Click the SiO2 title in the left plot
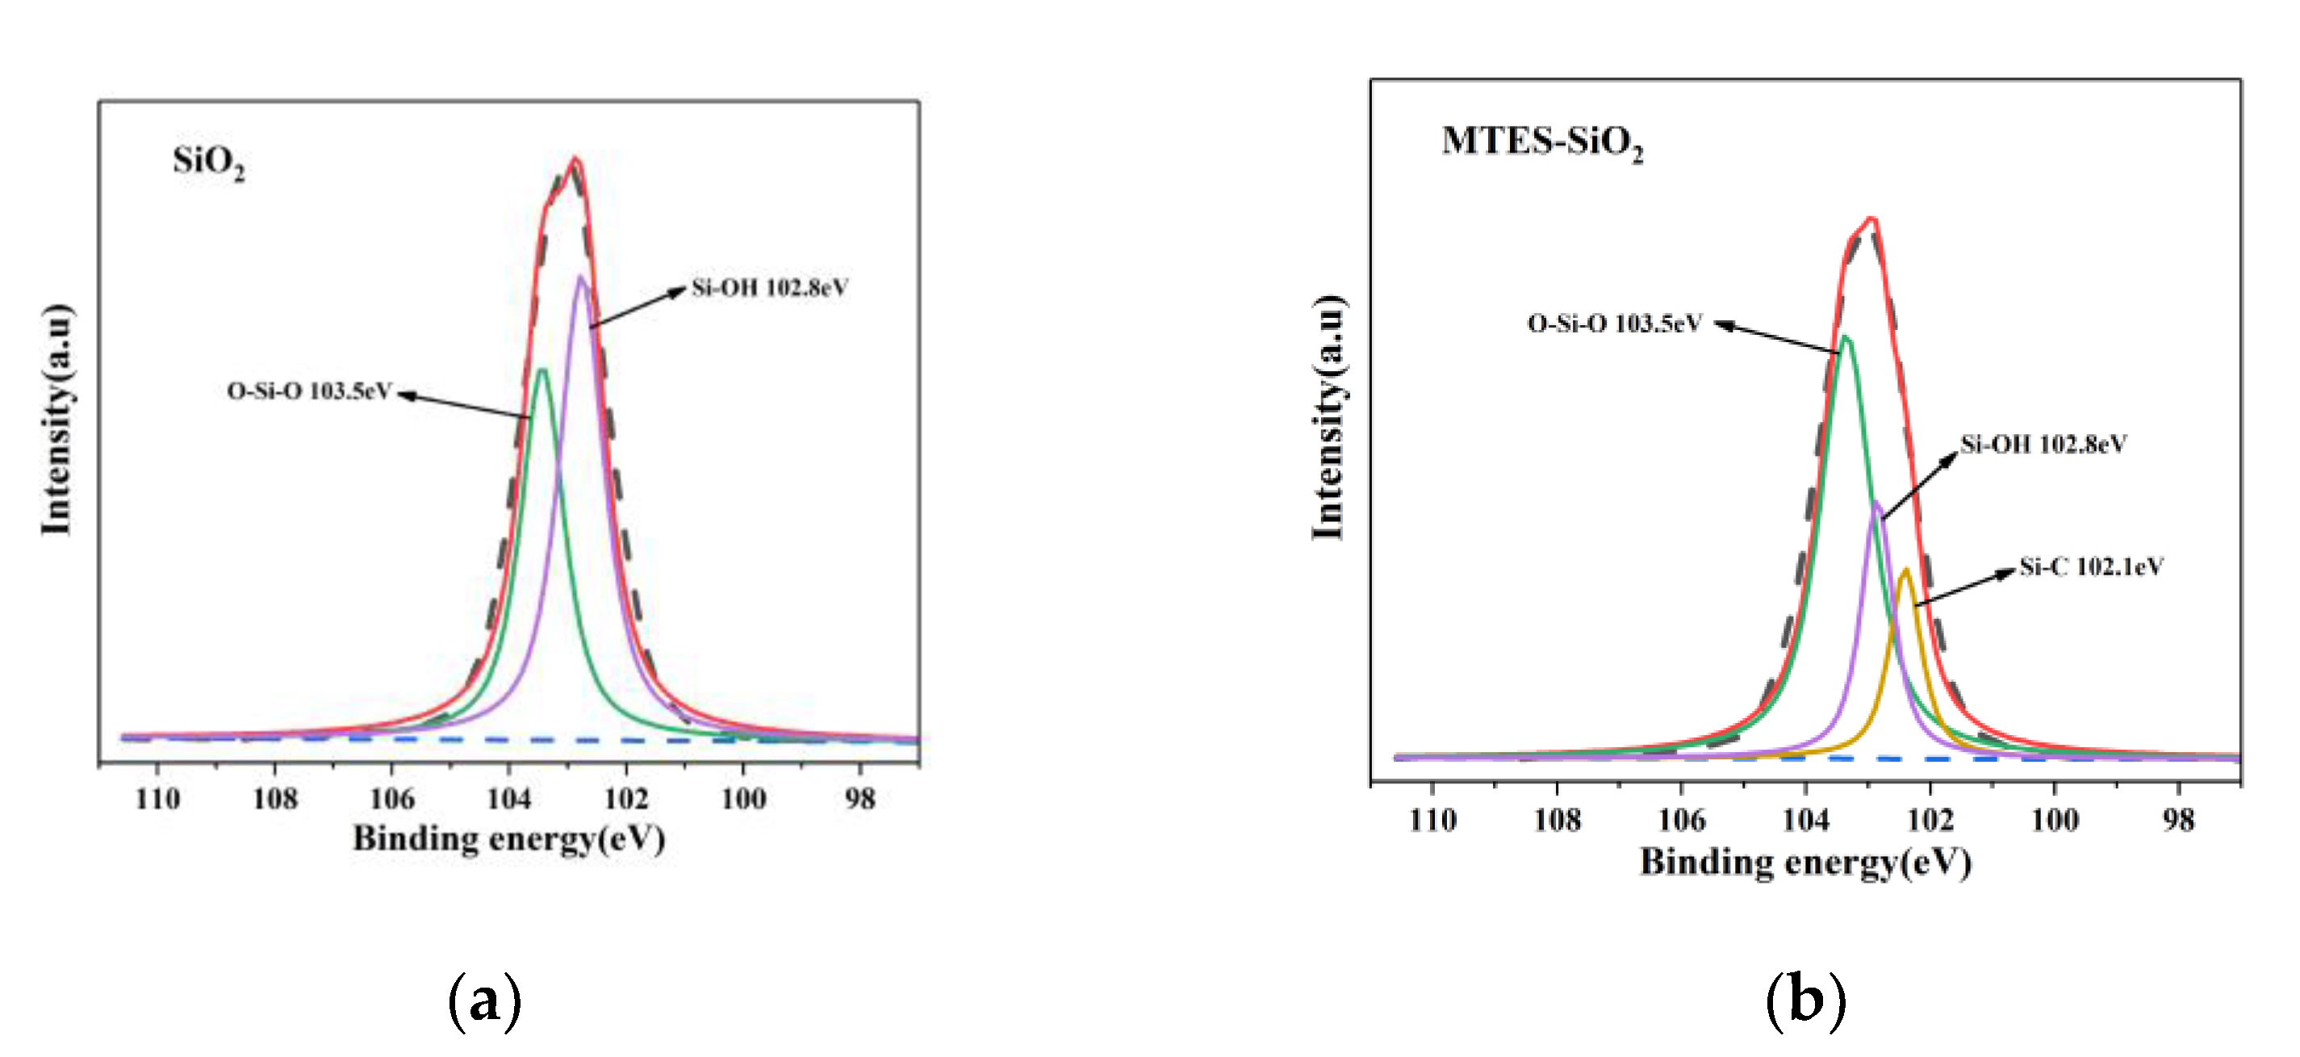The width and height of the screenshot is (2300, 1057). [x=209, y=163]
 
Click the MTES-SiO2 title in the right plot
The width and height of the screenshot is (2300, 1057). [x=1542, y=142]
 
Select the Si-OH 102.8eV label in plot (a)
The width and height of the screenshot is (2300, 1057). [x=770, y=288]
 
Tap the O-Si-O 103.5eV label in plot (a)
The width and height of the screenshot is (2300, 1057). [x=309, y=391]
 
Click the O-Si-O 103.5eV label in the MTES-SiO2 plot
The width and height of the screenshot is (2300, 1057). [x=1614, y=324]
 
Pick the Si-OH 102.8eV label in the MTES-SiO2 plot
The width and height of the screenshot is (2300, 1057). [x=2043, y=444]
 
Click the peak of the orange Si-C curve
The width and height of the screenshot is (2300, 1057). [x=1905, y=570]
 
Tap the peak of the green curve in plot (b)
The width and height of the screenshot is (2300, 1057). [x=1846, y=337]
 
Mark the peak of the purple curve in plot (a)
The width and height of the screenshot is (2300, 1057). [x=581, y=277]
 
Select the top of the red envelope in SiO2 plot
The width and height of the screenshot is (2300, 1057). [x=576, y=160]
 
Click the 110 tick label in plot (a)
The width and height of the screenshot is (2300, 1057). [x=158, y=798]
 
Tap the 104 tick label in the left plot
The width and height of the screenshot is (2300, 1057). [x=509, y=798]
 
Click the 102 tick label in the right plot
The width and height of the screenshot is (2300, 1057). [x=1930, y=820]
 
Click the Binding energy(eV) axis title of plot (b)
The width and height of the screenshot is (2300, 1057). [x=1805, y=863]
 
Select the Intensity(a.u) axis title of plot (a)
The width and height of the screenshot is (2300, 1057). [x=57, y=420]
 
